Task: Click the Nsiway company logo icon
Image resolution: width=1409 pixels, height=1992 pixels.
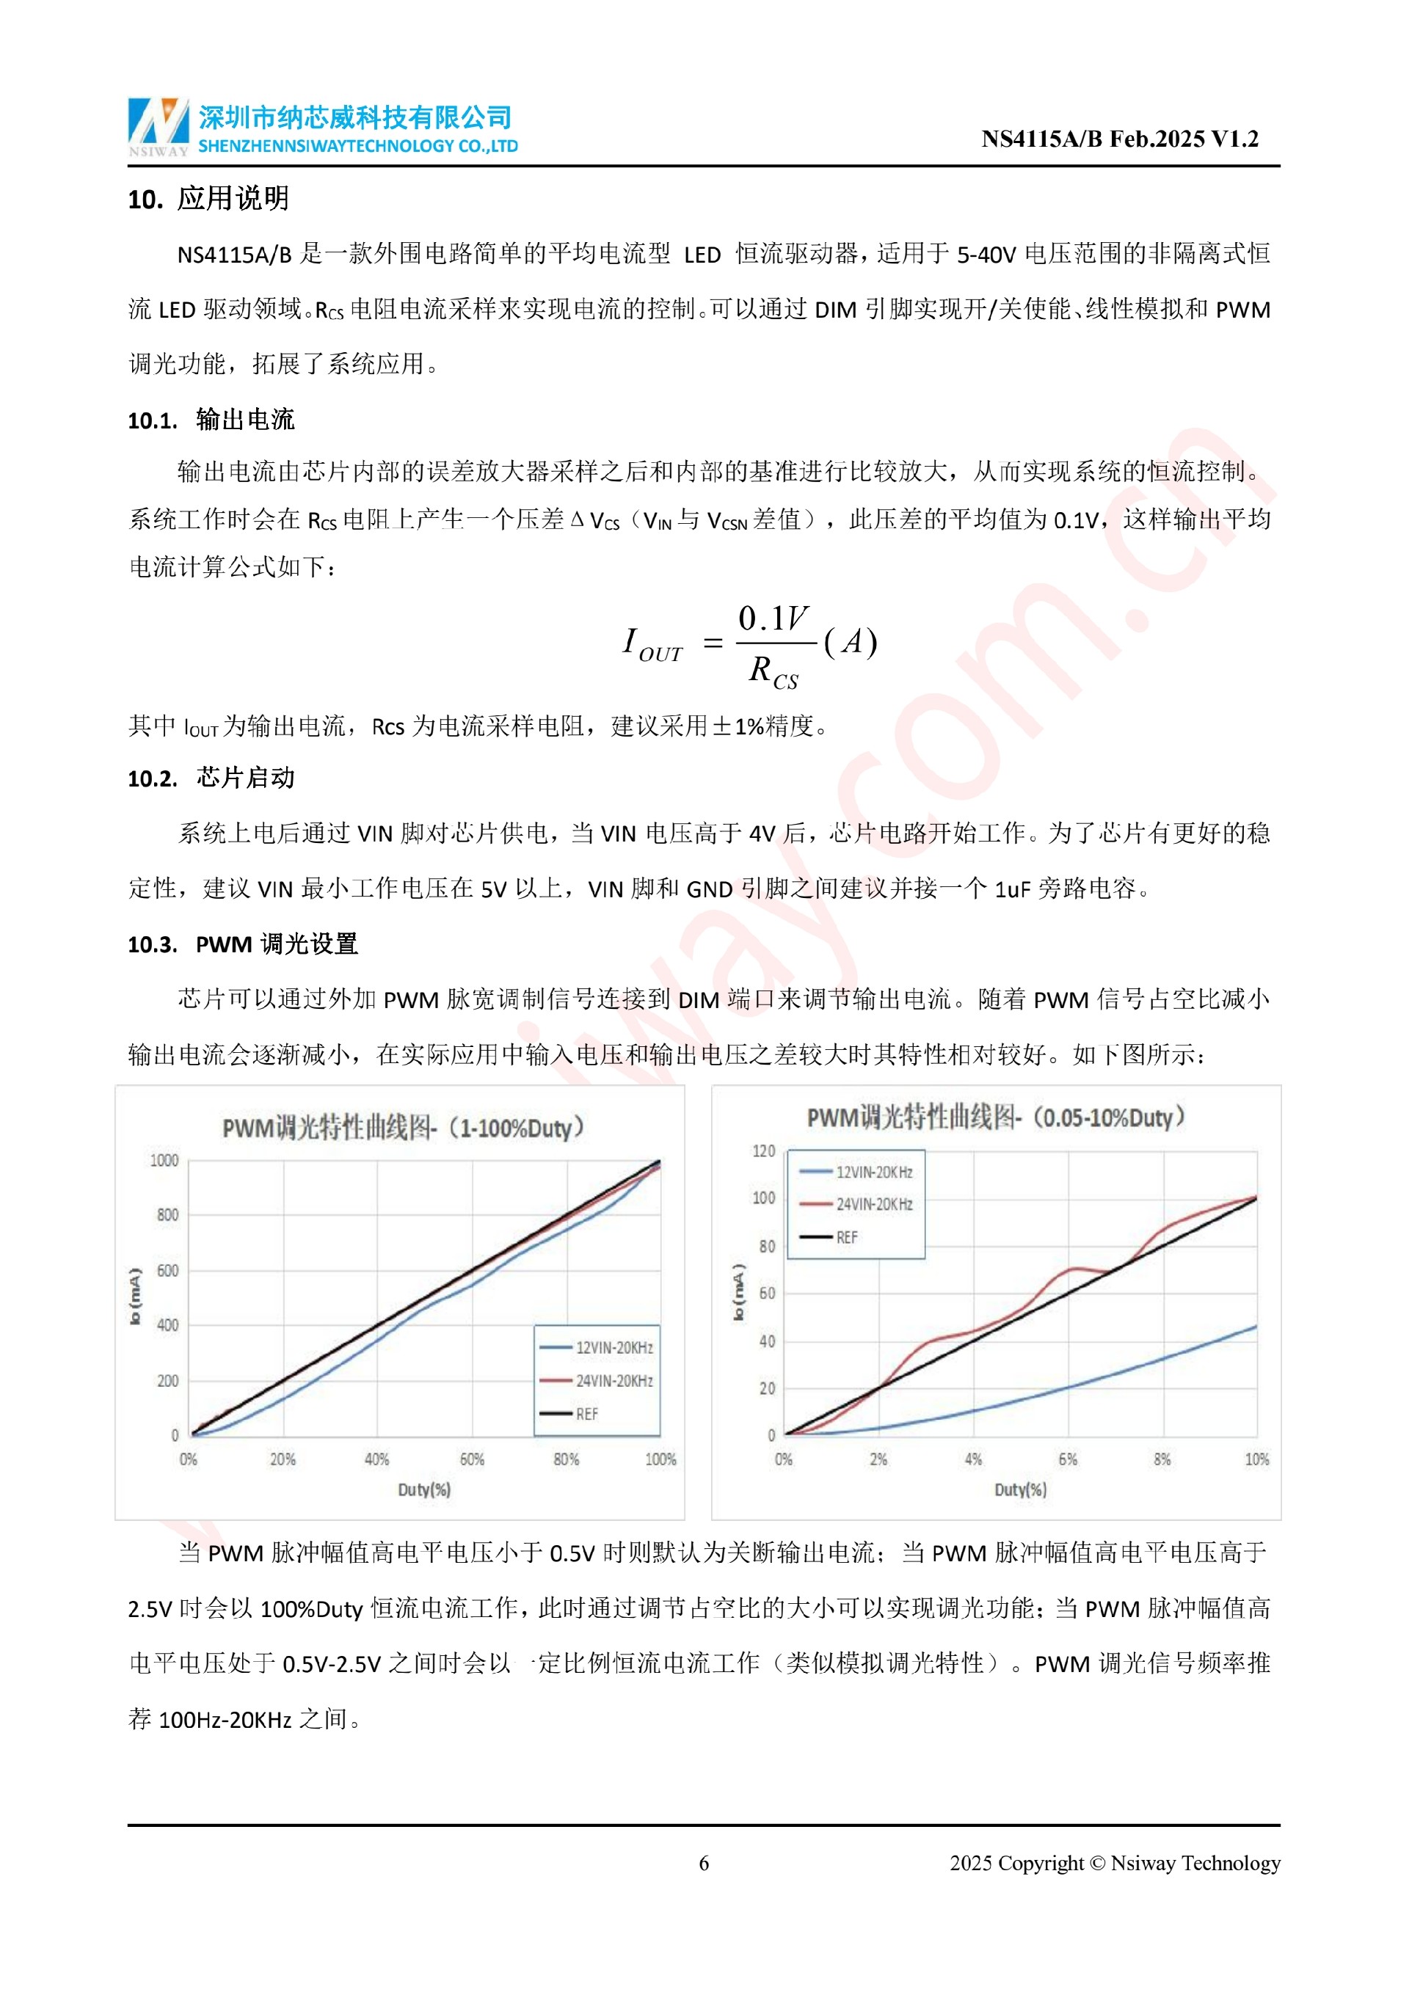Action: tap(158, 125)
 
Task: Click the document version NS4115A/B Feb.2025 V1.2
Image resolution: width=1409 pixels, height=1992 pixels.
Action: tap(1119, 139)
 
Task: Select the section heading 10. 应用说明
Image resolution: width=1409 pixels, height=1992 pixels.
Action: tap(208, 199)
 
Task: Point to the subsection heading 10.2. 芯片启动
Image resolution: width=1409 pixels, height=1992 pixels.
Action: tap(211, 778)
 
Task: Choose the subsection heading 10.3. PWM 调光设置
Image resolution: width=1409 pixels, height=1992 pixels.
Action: tap(242, 944)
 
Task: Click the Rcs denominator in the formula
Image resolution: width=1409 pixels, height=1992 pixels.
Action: tap(772, 671)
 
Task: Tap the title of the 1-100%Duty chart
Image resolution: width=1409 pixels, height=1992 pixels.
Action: tap(404, 1128)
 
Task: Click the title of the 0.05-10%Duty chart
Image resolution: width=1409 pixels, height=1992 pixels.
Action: tap(996, 1117)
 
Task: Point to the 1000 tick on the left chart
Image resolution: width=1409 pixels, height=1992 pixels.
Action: tap(164, 1160)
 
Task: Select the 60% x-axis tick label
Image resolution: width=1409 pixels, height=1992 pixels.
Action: tap(471, 1459)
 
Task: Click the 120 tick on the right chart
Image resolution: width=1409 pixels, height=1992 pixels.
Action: tap(763, 1150)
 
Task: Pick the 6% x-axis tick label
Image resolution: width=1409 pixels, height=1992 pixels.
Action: tap(1068, 1459)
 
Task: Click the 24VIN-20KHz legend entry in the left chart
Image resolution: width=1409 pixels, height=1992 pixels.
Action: tap(614, 1380)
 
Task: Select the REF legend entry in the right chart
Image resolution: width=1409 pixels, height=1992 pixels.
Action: tap(846, 1237)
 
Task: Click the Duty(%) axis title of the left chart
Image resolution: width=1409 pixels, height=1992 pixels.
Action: tap(424, 1489)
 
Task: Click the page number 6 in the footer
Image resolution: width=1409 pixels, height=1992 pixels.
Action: tap(704, 1863)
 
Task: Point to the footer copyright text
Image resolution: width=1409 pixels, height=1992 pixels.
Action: tap(1114, 1863)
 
